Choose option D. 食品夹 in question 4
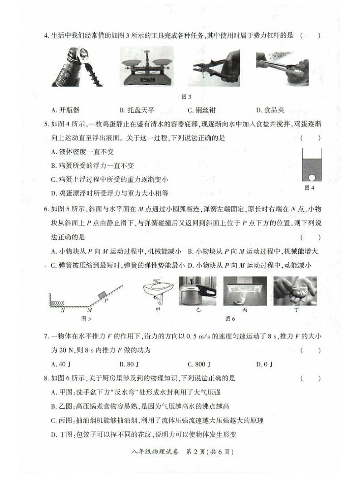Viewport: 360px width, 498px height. pyautogui.click(x=270, y=110)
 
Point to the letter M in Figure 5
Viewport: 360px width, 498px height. pyautogui.click(x=90, y=310)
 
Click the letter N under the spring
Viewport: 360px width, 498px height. pyautogui.click(x=63, y=310)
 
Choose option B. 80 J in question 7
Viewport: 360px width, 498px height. pyautogui.click(x=129, y=364)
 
